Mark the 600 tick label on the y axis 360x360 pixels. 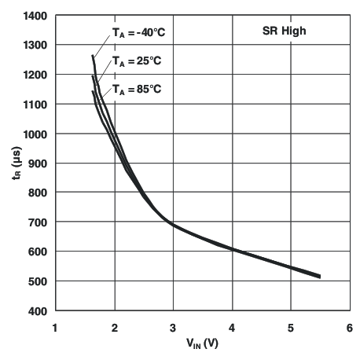click(37, 252)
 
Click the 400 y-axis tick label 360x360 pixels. click(37, 311)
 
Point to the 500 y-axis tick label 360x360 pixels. click(37, 281)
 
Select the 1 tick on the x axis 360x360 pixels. click(55, 326)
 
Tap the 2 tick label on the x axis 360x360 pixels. click(115, 326)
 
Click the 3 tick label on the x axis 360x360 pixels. click(174, 326)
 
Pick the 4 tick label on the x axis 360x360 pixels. click(233, 326)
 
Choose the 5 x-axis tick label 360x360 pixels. click(292, 326)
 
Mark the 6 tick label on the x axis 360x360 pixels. click(350, 326)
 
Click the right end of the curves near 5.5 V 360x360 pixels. click(320, 277)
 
